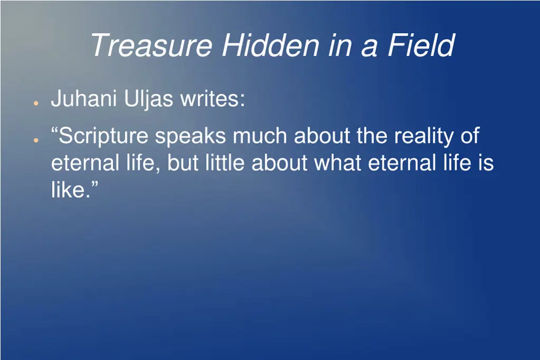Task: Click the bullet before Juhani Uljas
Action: pos(35,102)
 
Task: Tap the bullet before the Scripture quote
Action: pos(35,140)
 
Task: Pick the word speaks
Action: pos(190,137)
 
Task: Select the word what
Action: pos(337,163)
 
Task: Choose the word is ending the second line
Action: pos(486,163)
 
